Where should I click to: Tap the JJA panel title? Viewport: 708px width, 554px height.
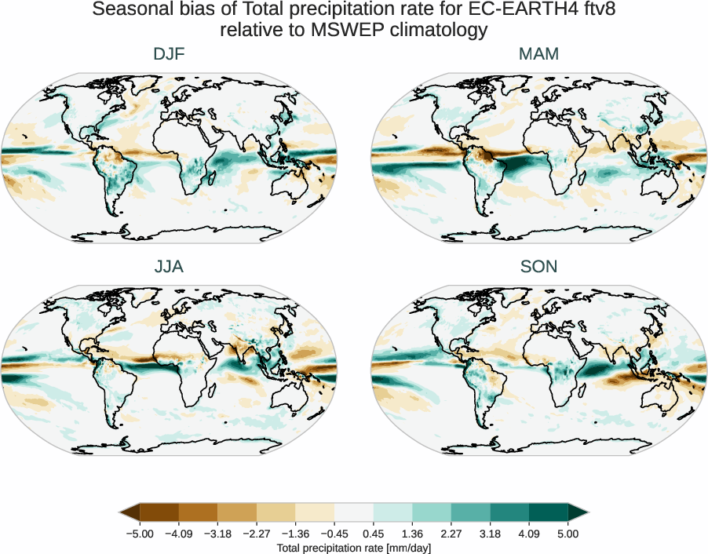(x=169, y=267)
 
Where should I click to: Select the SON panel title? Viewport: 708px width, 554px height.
(x=538, y=267)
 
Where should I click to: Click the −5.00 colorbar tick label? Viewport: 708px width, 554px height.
(x=140, y=534)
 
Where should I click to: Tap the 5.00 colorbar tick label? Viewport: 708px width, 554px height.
(x=568, y=534)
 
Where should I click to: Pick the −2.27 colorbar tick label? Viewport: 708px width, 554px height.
(x=257, y=534)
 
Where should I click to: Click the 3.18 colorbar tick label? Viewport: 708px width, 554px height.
(x=490, y=534)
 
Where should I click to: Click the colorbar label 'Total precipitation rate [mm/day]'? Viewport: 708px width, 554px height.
(x=354, y=547)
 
